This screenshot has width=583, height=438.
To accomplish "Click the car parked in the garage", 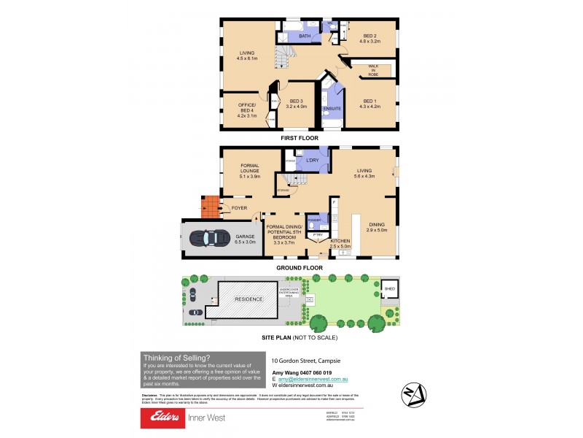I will pyautogui.click(x=208, y=238).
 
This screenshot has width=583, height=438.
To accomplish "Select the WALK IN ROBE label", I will pyautogui.click(x=373, y=69).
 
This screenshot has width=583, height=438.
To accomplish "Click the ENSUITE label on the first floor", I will pyautogui.click(x=332, y=108).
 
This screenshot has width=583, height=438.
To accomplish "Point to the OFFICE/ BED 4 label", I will pyautogui.click(x=247, y=109).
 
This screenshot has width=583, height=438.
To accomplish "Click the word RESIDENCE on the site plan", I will pyautogui.click(x=248, y=300).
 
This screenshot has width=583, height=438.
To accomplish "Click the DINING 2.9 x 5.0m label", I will pyautogui.click(x=376, y=226).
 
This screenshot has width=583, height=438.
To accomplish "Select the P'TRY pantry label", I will pyautogui.click(x=317, y=236).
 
